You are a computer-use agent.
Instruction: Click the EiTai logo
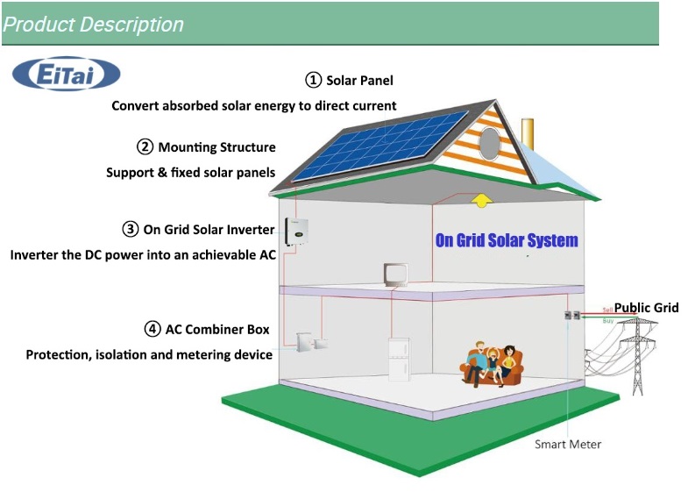click(66, 74)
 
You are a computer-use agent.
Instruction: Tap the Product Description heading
click(93, 25)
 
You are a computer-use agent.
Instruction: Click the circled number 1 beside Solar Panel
click(313, 80)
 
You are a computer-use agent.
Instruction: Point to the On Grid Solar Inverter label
click(209, 230)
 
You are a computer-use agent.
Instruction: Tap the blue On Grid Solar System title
click(507, 239)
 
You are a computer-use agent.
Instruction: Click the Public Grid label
click(646, 308)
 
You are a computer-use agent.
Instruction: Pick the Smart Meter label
click(568, 444)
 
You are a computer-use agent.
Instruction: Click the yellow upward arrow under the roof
click(481, 201)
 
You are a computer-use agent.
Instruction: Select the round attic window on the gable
click(488, 140)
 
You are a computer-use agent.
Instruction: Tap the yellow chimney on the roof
click(528, 132)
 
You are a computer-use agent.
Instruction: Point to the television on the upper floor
click(394, 275)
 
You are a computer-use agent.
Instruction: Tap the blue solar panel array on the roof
click(381, 144)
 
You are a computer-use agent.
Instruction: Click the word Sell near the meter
click(607, 310)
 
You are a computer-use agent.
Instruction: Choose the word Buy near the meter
click(607, 321)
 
